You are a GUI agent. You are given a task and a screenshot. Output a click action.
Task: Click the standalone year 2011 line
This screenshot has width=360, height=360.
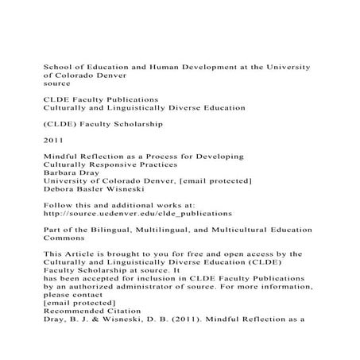tap(52, 141)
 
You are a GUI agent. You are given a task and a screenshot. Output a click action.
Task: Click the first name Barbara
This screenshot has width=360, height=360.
tap(60, 181)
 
